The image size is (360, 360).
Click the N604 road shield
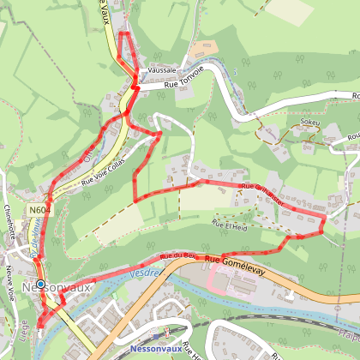click(38, 209)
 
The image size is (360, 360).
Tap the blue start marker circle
click(39, 284)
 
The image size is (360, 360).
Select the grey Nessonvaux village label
click(57, 287)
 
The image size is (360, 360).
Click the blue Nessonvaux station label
click(159, 350)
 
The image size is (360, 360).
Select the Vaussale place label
click(161, 69)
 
